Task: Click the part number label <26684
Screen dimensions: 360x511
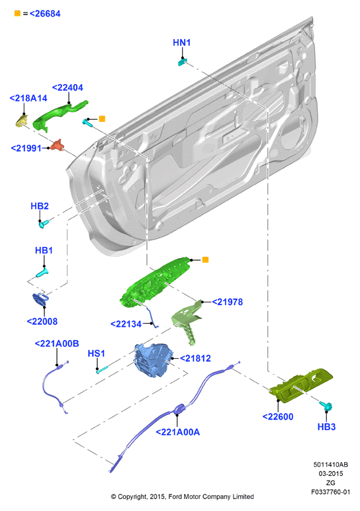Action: coord(45,14)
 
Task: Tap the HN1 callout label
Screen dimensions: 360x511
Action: coord(181,42)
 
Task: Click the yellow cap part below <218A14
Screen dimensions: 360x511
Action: coord(21,120)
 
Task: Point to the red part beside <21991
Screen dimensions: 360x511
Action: coord(57,145)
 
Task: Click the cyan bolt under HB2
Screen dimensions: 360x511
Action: coord(44,224)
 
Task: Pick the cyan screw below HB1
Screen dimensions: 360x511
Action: coord(42,273)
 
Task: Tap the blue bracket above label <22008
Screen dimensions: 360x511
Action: coord(41,299)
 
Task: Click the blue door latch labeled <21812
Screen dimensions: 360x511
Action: coord(153,360)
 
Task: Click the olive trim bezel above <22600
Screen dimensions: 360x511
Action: coord(300,385)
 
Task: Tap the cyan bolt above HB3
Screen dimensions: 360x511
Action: coord(326,406)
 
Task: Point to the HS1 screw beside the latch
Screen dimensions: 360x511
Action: coord(102,369)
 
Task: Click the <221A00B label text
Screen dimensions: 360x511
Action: coord(57,344)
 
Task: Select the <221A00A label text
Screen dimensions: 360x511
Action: coord(177,432)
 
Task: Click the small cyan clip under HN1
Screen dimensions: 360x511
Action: coord(183,62)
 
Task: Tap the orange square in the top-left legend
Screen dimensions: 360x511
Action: coord(18,13)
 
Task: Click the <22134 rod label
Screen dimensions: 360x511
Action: coord(126,324)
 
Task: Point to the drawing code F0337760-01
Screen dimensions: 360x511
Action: coord(330,492)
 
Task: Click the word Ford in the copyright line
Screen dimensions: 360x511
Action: coord(175,496)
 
